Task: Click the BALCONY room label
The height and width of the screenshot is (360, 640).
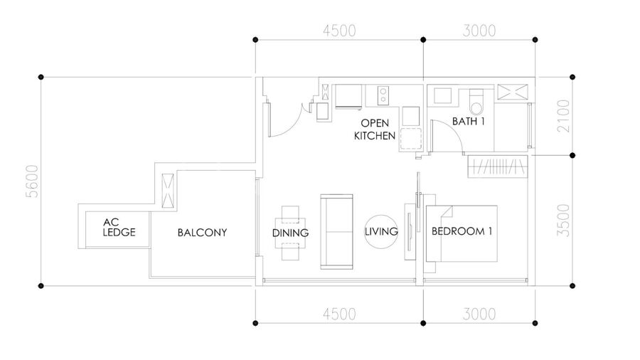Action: click(x=202, y=233)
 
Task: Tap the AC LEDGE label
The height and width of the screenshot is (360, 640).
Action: click(x=119, y=228)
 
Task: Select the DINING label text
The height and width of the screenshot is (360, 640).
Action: click(x=290, y=233)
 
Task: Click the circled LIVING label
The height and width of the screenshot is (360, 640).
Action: click(x=381, y=232)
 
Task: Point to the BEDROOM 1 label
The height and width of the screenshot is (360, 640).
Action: click(x=462, y=231)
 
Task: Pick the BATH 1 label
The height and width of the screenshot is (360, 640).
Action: click(x=468, y=121)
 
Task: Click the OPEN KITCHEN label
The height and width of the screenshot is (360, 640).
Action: click(x=375, y=129)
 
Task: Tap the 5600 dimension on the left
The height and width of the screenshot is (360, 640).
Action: click(x=32, y=181)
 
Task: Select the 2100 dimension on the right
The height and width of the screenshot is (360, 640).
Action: click(x=563, y=116)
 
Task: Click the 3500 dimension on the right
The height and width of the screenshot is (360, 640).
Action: click(x=563, y=221)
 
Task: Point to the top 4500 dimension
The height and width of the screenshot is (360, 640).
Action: click(x=339, y=31)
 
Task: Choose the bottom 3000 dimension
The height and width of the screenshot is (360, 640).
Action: click(x=479, y=314)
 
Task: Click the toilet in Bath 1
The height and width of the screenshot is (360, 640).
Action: click(x=476, y=102)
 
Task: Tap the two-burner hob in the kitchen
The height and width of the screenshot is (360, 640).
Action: click(x=383, y=95)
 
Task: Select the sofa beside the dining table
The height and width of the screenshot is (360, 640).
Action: click(x=337, y=231)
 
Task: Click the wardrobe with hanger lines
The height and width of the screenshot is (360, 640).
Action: click(x=498, y=166)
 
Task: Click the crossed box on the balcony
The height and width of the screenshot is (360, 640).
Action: click(x=168, y=191)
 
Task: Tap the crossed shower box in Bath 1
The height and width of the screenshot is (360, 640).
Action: click(x=512, y=92)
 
